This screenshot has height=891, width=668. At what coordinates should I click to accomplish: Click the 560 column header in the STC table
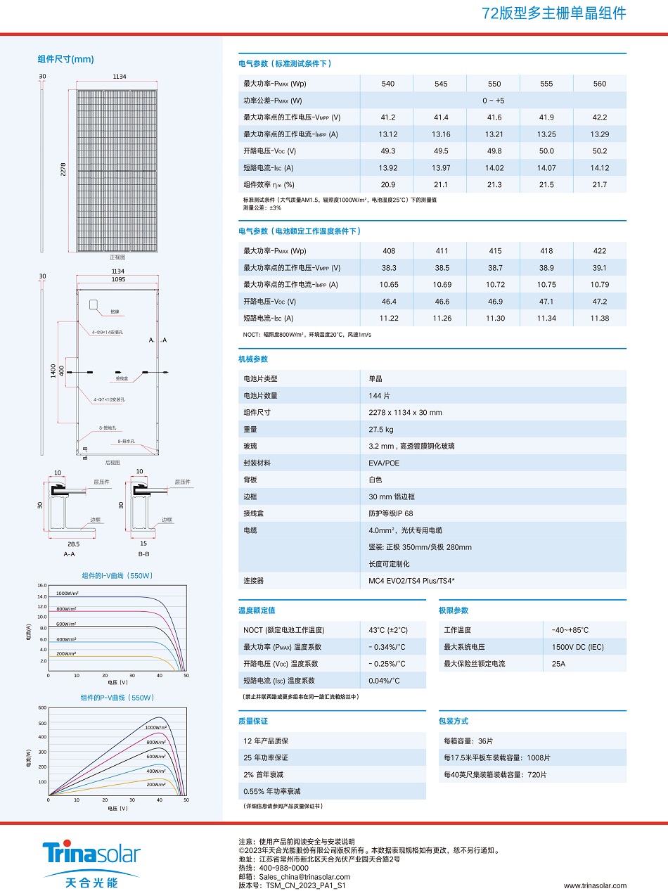coord(599,84)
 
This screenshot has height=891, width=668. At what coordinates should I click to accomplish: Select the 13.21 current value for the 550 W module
coord(494,134)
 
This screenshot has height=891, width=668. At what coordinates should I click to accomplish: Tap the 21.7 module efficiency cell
coord(599,185)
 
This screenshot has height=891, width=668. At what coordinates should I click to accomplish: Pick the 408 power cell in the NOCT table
coord(389,251)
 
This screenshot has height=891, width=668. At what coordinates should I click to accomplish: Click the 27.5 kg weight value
coord(380,430)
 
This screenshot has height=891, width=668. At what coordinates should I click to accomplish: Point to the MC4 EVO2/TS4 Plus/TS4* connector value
coord(411,582)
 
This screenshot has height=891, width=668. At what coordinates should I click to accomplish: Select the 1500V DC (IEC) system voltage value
coord(577,647)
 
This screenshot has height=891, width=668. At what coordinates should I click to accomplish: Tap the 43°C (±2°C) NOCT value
coord(387,630)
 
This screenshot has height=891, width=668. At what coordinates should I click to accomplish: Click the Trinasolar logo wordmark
coord(91,853)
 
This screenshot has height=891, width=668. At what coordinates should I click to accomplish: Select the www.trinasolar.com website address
coord(595,885)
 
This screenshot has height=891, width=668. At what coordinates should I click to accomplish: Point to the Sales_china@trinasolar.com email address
coord(304,877)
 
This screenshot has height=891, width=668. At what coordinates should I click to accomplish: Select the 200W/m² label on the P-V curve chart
coord(155,783)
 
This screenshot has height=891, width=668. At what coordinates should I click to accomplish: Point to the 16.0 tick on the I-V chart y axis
coord(41,585)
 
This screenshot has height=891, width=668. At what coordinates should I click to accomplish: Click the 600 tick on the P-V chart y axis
coord(42,708)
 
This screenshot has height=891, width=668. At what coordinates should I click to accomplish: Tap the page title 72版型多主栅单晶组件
coord(553,13)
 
